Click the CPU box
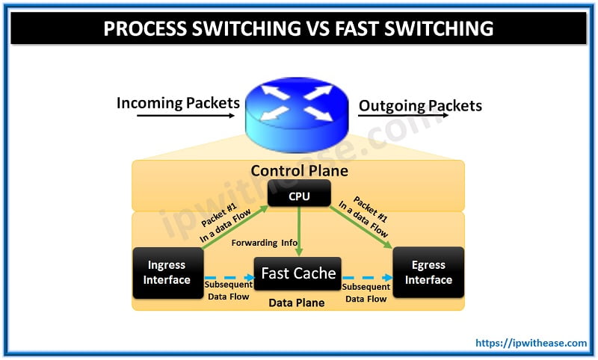click(x=299, y=196)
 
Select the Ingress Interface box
click(x=167, y=273)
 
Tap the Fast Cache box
click(x=298, y=273)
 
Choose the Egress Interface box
click(x=428, y=273)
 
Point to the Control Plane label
click(x=299, y=171)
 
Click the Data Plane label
click(x=297, y=303)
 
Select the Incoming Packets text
click(x=178, y=103)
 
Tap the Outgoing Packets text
click(x=420, y=105)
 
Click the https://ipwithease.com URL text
click(x=531, y=344)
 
